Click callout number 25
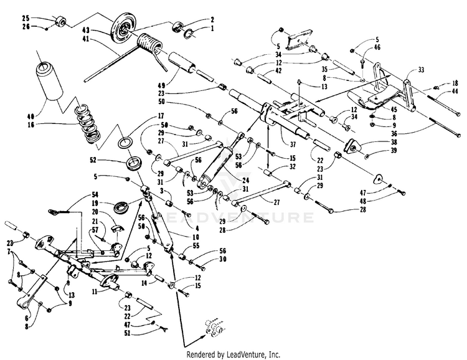coord(26,16)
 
